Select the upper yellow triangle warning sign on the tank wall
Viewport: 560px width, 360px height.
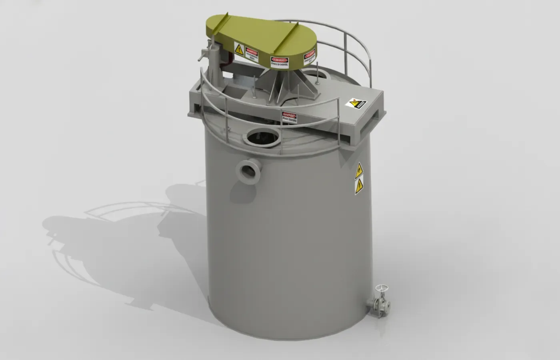[x=359, y=171]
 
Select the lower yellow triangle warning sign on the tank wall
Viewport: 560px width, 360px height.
[x=359, y=186]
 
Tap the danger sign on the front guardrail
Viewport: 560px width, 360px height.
[x=289, y=117]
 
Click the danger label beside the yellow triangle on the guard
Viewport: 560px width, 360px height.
[x=252, y=54]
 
